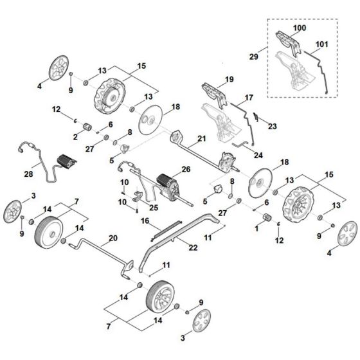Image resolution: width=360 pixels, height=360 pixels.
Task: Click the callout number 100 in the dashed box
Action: [x=300, y=30]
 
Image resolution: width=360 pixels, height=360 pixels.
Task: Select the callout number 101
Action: [x=321, y=45]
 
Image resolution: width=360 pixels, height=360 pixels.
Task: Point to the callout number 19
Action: [x=229, y=80]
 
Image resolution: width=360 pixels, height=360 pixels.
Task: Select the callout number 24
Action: [x=258, y=155]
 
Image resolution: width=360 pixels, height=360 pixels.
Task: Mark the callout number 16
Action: [x=145, y=220]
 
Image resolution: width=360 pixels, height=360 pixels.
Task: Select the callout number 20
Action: [x=113, y=237]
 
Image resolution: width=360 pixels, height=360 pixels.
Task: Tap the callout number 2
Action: [x=75, y=136]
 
